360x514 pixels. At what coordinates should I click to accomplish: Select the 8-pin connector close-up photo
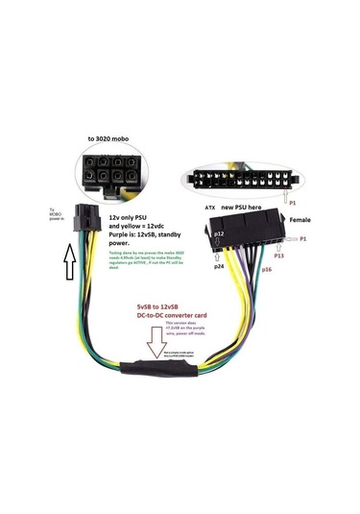114,173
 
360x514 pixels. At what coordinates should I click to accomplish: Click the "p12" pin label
219,233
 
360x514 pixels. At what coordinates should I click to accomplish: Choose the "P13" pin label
280,257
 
